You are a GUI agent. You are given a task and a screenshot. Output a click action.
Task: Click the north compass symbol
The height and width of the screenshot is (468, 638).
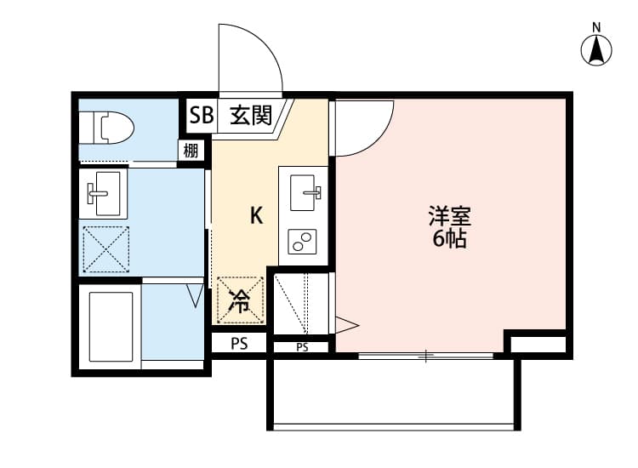point(597,49)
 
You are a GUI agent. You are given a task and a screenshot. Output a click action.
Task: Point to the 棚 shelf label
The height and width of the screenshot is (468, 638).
point(192,151)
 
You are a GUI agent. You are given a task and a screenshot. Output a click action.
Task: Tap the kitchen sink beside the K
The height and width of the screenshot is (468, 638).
point(305,193)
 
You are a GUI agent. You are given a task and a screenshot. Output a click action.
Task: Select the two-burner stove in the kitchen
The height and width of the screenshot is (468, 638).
point(303,243)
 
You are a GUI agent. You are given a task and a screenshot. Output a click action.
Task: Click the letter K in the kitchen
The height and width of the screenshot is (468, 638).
point(255,216)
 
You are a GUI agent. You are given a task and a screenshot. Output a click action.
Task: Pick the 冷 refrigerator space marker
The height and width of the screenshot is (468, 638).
point(240,300)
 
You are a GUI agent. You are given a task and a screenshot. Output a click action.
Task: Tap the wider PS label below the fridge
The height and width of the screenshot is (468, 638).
point(240,344)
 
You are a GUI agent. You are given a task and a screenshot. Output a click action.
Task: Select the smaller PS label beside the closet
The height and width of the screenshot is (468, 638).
point(302,347)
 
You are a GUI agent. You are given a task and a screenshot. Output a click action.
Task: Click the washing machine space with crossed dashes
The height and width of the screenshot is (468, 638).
point(105,249)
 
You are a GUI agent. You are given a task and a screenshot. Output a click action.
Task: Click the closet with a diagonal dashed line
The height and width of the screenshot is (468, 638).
point(300,304)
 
